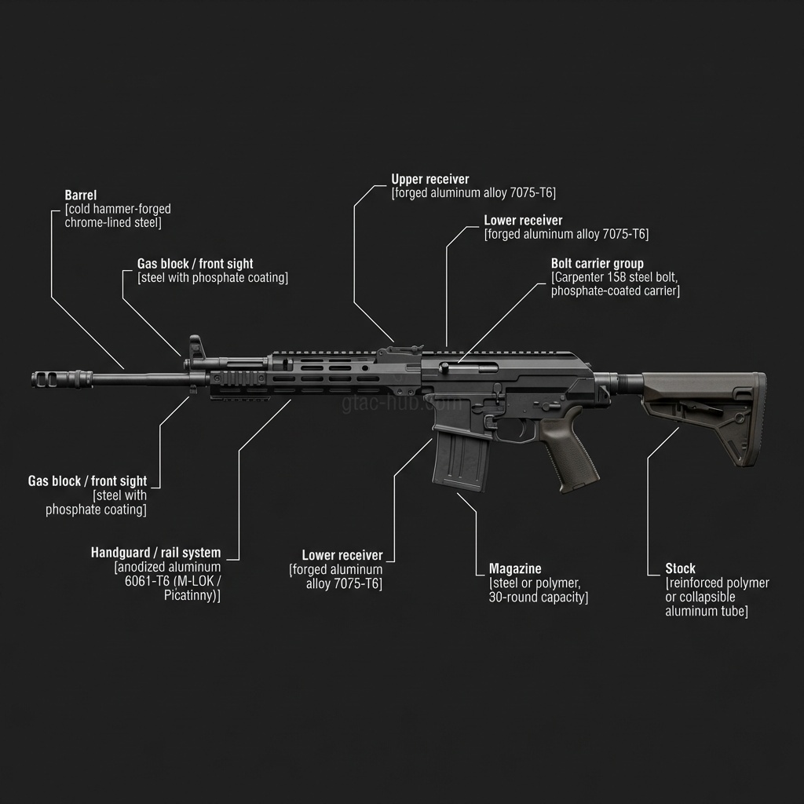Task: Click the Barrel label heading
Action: point(80,195)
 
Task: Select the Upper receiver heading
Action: point(429,180)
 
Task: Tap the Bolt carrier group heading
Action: point(597,264)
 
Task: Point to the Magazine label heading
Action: point(515,568)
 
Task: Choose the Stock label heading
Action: point(680,568)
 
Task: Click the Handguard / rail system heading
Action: point(155,553)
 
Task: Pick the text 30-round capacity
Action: point(539,598)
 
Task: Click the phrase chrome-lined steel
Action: point(112,223)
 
